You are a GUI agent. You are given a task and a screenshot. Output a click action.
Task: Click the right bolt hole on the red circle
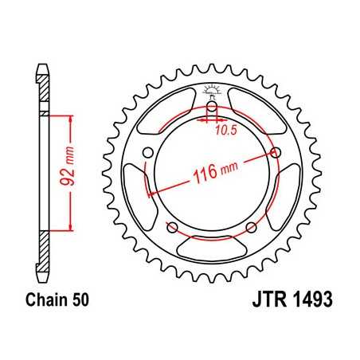tap(276, 152)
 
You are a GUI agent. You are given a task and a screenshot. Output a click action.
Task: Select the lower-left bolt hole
tap(173, 229)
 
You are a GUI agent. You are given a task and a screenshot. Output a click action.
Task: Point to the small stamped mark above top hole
tap(212, 88)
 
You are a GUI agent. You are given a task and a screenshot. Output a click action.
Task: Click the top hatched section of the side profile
tap(43, 88)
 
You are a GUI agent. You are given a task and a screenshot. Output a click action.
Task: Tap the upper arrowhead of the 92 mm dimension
tap(72, 117)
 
